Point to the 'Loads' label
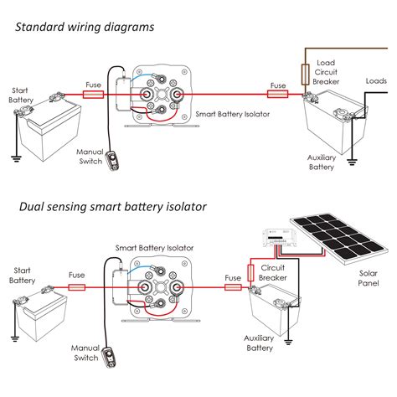pos(376,81)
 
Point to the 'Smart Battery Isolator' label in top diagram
pos(230,111)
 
